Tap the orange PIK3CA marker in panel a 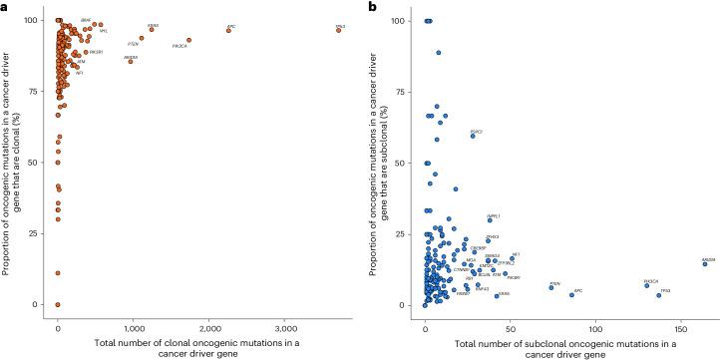coord(188,41)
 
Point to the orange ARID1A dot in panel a coord(130,62)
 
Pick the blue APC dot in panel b coord(571,294)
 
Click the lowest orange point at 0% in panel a coord(58,304)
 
